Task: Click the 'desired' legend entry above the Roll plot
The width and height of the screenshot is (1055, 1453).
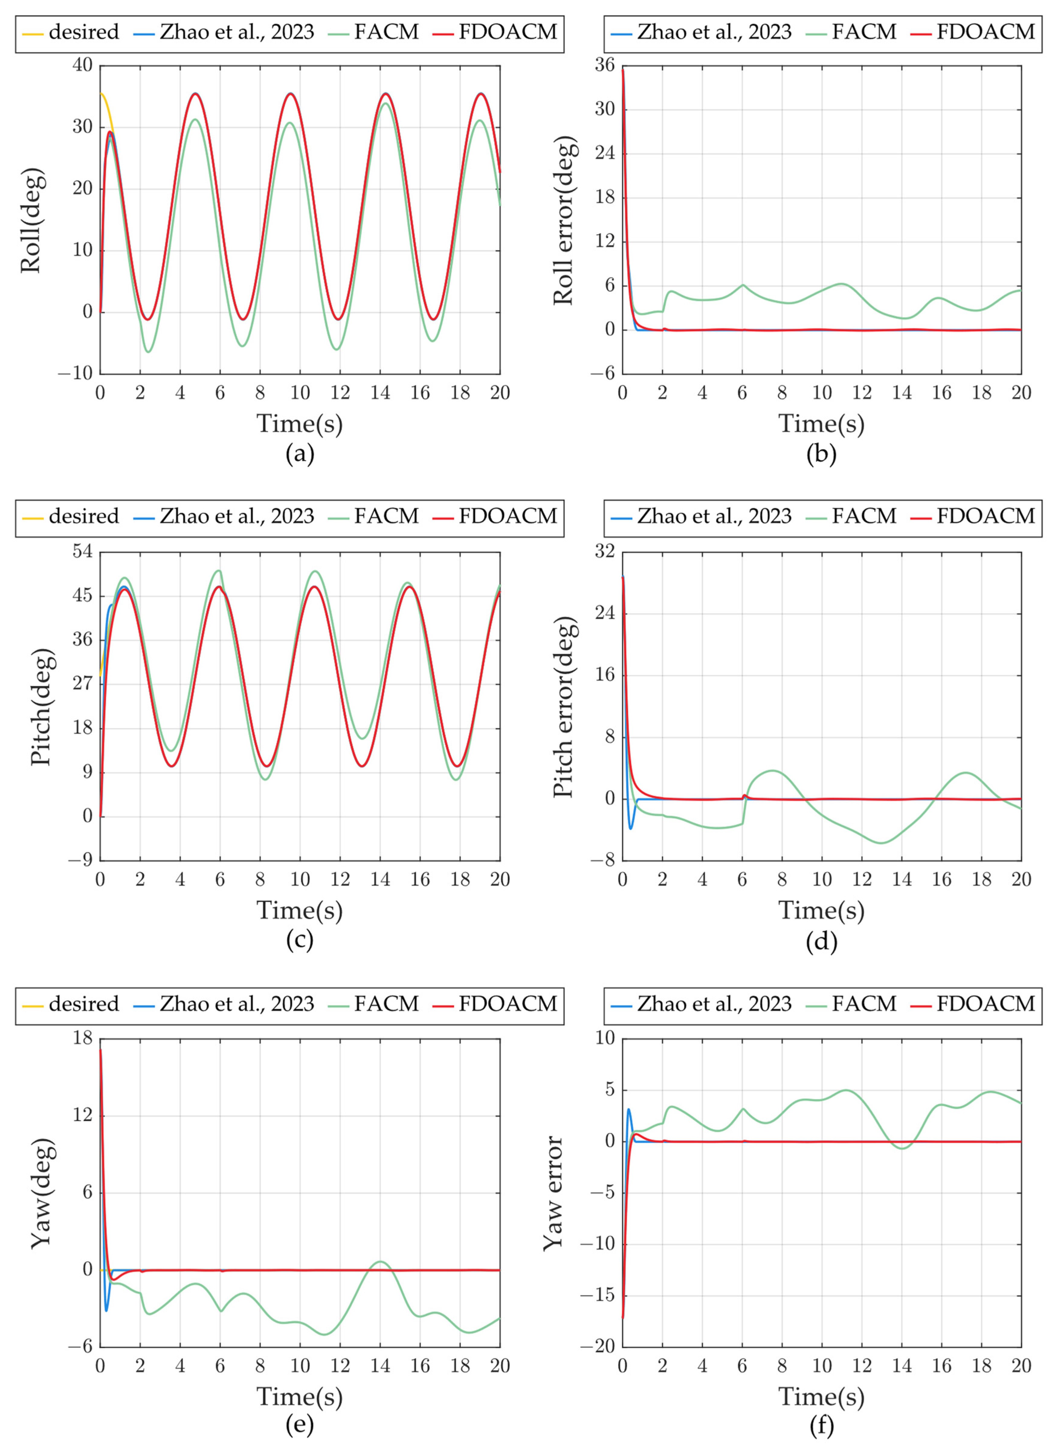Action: click(83, 32)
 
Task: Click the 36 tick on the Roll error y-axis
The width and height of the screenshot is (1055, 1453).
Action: click(604, 65)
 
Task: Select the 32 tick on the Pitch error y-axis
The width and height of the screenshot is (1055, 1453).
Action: click(604, 552)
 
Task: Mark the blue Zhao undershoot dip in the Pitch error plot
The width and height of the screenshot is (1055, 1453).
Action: click(631, 828)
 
